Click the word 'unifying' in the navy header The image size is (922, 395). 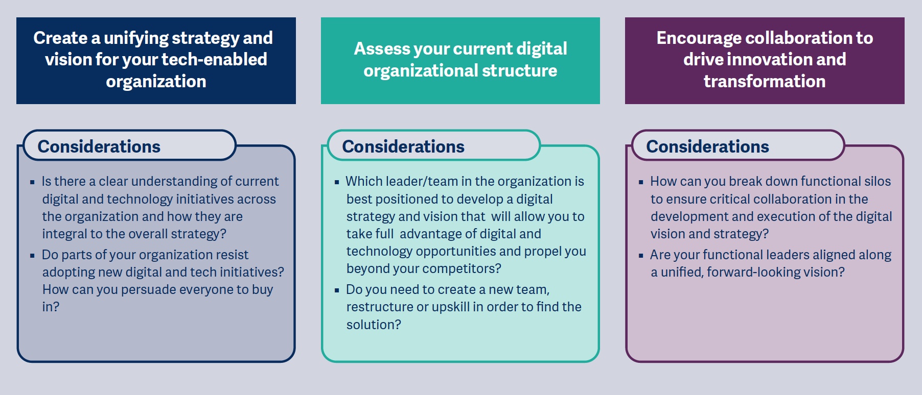click(x=136, y=38)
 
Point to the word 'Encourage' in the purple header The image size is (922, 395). click(x=695, y=38)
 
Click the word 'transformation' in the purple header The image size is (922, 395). click(x=765, y=81)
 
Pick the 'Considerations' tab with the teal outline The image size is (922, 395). click(x=433, y=145)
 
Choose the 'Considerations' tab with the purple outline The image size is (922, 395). click(x=737, y=145)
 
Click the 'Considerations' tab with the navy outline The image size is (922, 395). click(x=129, y=145)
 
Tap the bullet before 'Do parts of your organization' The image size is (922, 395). click(x=32, y=255)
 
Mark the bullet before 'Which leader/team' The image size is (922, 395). click(x=337, y=182)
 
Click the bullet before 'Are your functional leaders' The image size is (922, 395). click(x=641, y=255)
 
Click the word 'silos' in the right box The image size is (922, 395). click(x=877, y=181)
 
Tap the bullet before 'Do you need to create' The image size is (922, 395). click(x=337, y=290)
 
